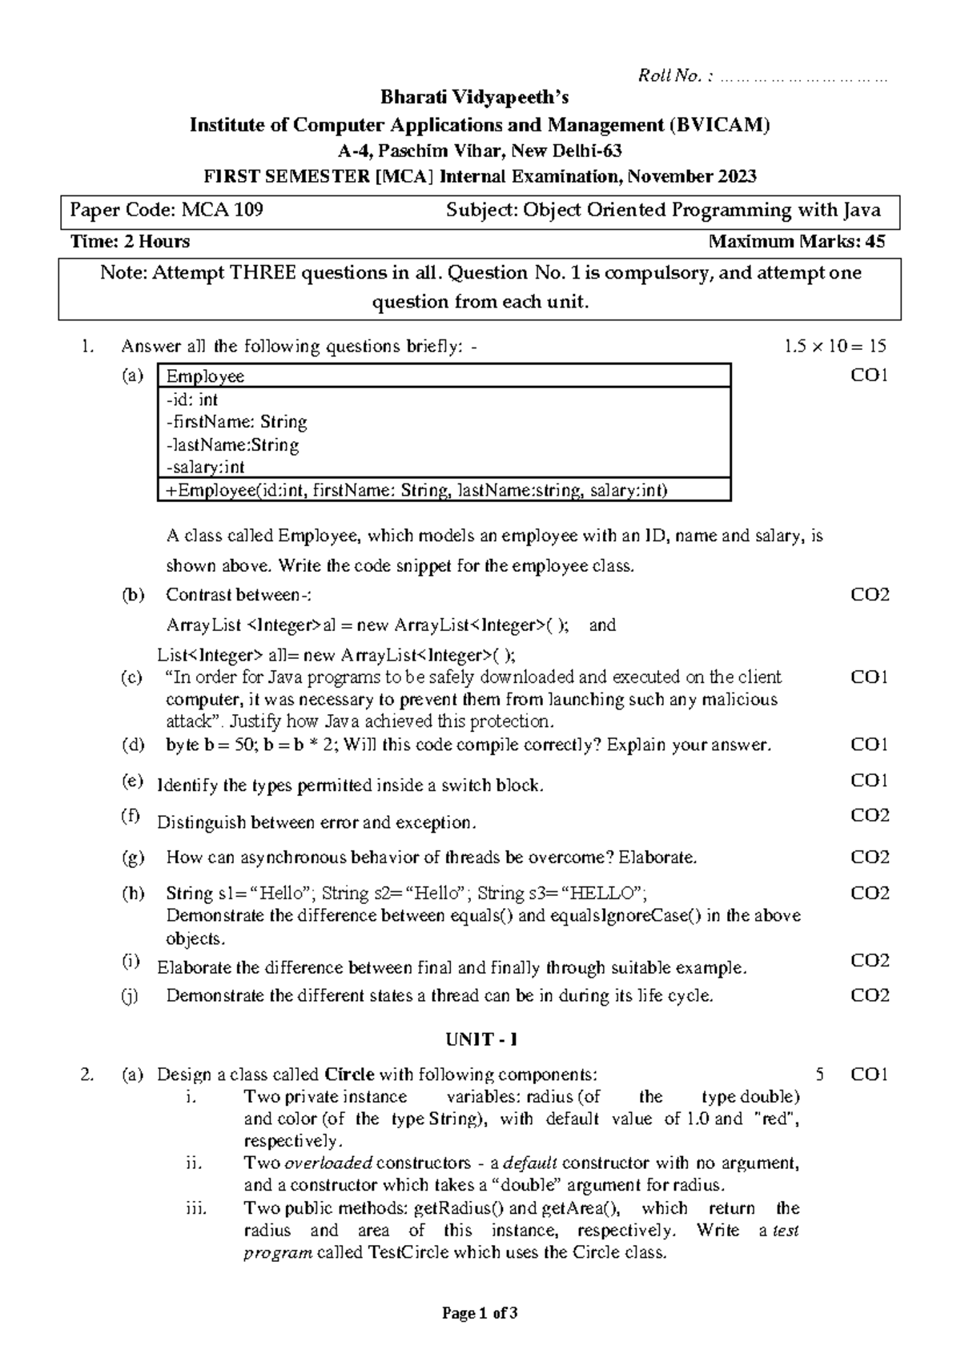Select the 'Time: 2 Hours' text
(x=130, y=242)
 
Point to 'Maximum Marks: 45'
(x=797, y=242)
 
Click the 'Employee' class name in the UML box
(x=205, y=376)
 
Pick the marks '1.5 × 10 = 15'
(x=835, y=347)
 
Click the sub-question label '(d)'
(x=133, y=745)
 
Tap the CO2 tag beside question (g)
(x=870, y=858)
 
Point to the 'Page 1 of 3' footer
(x=480, y=1313)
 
